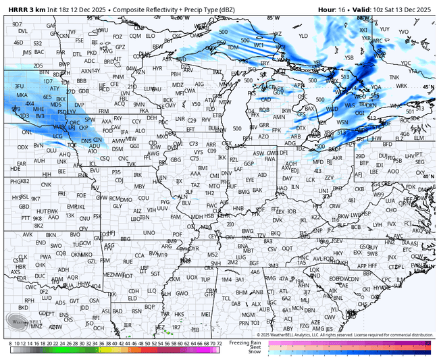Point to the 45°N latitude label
point(428,86)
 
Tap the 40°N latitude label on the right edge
point(428,176)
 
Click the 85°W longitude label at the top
point(272,17)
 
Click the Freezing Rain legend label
point(247,342)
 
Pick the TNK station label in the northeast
point(394,78)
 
